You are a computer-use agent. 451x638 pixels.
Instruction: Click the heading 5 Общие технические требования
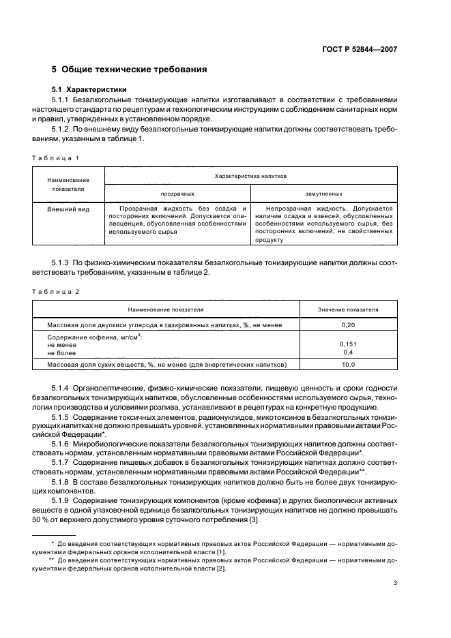pos(130,70)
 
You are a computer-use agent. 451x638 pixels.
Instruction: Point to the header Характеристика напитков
pos(250,175)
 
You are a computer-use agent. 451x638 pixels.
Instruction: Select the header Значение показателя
pos(348,309)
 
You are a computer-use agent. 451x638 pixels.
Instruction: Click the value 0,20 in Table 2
pos(348,325)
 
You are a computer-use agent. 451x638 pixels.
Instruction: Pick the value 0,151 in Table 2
pos(348,344)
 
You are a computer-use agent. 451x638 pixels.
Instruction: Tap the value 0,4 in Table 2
pos(348,352)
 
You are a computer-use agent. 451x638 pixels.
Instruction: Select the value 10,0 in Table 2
pos(348,365)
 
